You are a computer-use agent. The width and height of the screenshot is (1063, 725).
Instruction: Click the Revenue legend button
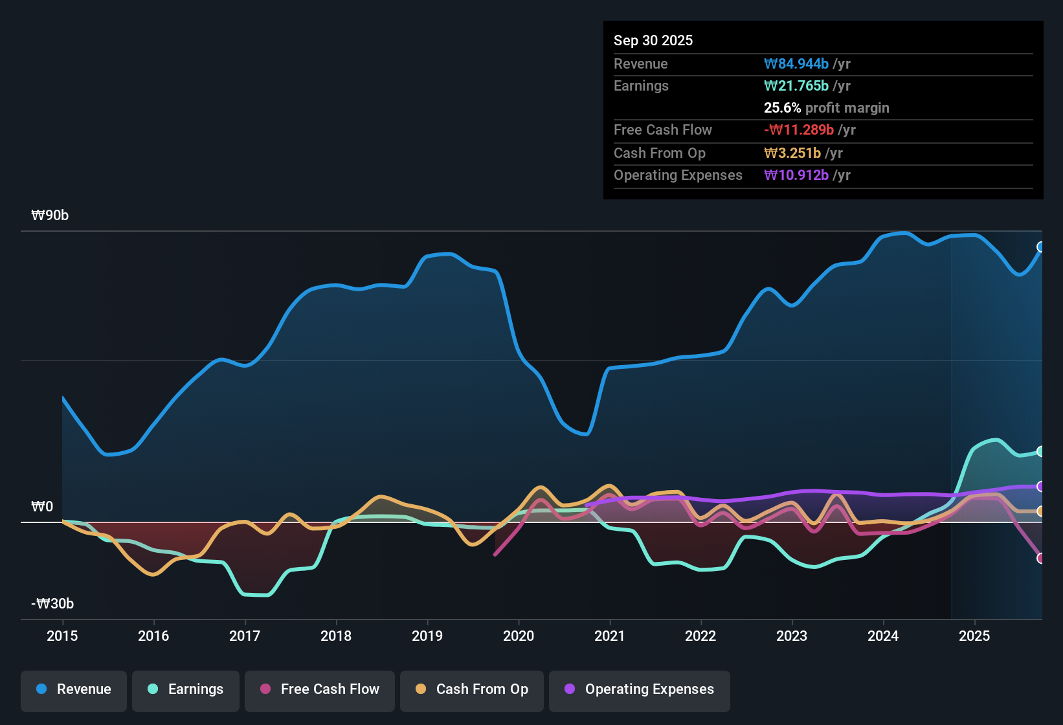click(x=73, y=689)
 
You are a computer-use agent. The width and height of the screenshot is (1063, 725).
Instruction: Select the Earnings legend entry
click(x=185, y=689)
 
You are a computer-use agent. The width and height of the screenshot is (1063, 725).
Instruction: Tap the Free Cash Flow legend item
click(x=319, y=689)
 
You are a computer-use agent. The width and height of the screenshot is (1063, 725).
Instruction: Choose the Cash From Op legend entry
click(x=471, y=689)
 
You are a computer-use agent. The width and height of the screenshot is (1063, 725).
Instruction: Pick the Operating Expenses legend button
click(x=639, y=689)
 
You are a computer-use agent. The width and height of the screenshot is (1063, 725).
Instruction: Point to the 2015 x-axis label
click(x=62, y=636)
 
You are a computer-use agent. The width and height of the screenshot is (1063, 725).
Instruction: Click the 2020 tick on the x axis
click(x=519, y=636)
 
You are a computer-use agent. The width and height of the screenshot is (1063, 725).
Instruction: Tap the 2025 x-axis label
click(x=974, y=636)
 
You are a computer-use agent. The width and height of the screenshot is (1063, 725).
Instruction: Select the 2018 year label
click(x=336, y=636)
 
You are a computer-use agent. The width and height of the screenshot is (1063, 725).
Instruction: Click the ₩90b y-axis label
click(x=50, y=216)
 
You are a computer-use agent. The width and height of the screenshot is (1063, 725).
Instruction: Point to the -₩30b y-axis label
click(x=52, y=604)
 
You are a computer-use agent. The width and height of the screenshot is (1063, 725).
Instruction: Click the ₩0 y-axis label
click(x=42, y=507)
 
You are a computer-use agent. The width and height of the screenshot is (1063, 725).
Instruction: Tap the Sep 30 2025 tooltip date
click(x=653, y=40)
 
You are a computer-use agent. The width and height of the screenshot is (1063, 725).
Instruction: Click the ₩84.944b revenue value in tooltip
click(x=796, y=63)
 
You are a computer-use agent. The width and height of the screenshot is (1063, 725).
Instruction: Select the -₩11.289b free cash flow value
click(x=799, y=129)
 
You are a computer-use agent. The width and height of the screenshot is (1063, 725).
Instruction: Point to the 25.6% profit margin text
click(x=826, y=107)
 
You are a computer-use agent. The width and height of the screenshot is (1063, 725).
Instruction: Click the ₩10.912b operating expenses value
click(x=796, y=175)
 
